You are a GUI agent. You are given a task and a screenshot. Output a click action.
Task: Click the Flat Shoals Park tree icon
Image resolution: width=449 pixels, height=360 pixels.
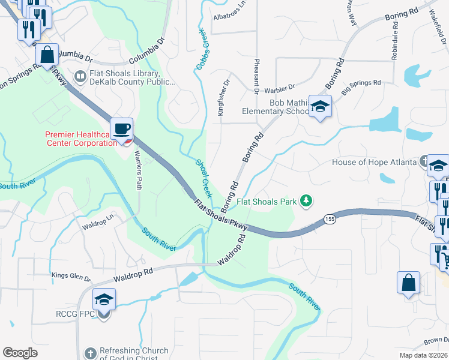click(x=307, y=200)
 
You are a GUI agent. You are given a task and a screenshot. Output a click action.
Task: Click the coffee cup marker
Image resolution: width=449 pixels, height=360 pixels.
click(x=121, y=128)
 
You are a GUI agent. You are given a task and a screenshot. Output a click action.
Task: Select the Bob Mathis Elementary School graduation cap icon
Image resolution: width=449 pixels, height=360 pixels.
click(x=321, y=107)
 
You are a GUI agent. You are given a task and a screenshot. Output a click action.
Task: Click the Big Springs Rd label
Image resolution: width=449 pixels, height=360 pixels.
click(x=361, y=87)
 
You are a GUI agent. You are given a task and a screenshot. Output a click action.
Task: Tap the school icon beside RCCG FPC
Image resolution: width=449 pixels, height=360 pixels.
click(x=104, y=299)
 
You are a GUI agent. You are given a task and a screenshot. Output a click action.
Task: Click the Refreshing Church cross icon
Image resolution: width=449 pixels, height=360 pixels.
click(x=90, y=354)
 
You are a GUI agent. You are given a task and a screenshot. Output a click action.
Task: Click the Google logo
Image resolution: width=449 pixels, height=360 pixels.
click(x=20, y=353)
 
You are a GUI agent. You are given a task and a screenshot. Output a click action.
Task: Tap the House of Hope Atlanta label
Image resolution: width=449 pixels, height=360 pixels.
click(x=374, y=163)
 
